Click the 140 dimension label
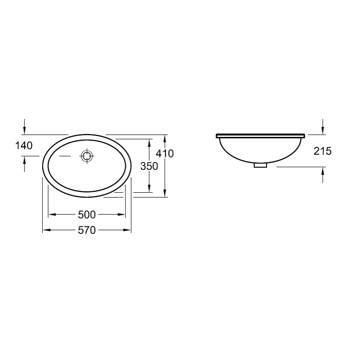(24, 145)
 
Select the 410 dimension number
(165, 153)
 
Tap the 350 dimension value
(149, 166)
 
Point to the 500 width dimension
(87, 215)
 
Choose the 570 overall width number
(87, 230)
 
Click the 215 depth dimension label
(323, 151)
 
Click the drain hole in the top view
(87, 156)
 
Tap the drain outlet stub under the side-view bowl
(261, 165)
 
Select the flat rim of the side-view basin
(261, 136)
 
